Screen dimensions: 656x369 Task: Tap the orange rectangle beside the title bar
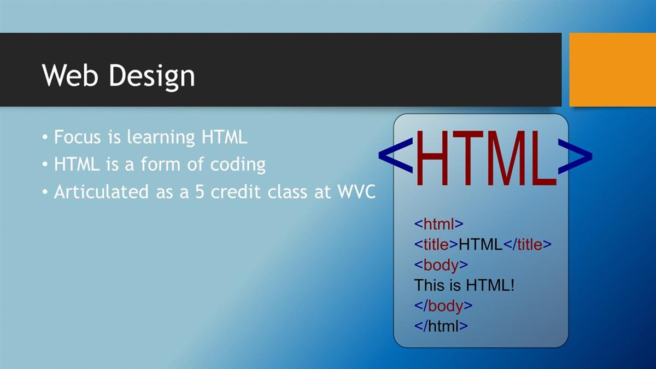pyautogui.click(x=613, y=70)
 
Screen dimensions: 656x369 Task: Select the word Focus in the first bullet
pyautogui.click(x=77, y=137)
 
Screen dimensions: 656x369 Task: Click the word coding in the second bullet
pyautogui.click(x=238, y=165)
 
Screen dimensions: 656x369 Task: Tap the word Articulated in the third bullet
pyautogui.click(x=101, y=192)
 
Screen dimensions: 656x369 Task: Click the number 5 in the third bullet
pyautogui.click(x=200, y=192)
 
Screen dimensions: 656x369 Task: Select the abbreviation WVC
pyautogui.click(x=356, y=192)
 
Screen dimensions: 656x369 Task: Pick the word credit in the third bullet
pyautogui.click(x=236, y=192)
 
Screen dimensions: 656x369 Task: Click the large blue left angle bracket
pyautogui.click(x=396, y=155)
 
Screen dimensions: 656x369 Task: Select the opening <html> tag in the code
pyautogui.click(x=438, y=224)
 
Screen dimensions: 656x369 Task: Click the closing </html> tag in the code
pyautogui.click(x=441, y=326)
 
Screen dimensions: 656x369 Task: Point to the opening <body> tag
pyautogui.click(x=441, y=265)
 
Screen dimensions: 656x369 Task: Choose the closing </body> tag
pyautogui.click(x=443, y=306)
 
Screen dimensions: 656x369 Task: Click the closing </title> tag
pyautogui.click(x=527, y=244)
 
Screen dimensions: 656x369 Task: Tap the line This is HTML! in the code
pyautogui.click(x=464, y=285)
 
